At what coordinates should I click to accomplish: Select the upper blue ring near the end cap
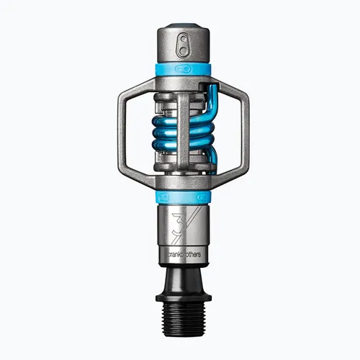[x=180, y=69]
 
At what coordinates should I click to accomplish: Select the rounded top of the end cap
[x=180, y=30]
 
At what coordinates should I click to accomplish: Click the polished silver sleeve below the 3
[x=180, y=245]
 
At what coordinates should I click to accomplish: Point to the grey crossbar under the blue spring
[x=180, y=169]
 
